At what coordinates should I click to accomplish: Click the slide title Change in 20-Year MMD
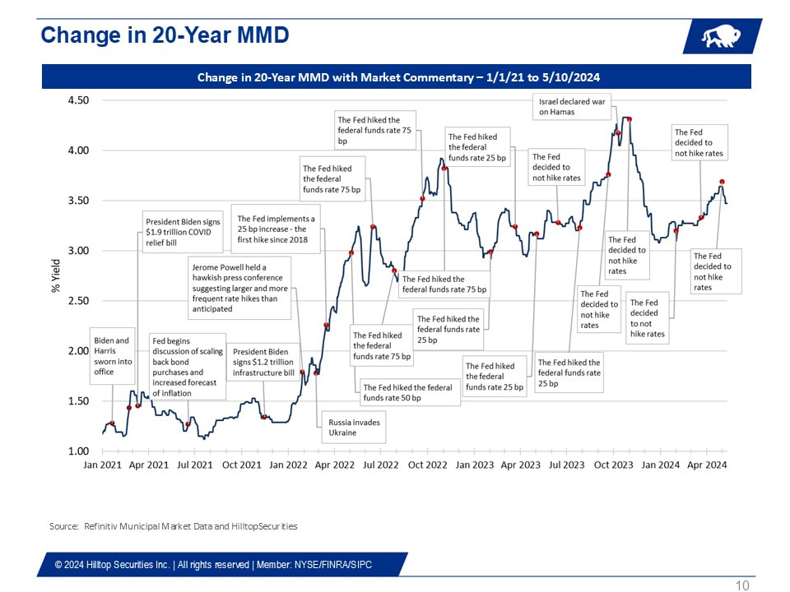[x=165, y=35]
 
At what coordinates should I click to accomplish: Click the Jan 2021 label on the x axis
[x=103, y=465]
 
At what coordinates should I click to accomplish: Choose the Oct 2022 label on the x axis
[x=427, y=465]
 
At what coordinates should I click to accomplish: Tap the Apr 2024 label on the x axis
[x=706, y=465]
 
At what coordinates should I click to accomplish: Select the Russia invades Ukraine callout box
[x=351, y=427]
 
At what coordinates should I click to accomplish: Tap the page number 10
[x=742, y=585]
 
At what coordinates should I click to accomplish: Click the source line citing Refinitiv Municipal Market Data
[x=173, y=525]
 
